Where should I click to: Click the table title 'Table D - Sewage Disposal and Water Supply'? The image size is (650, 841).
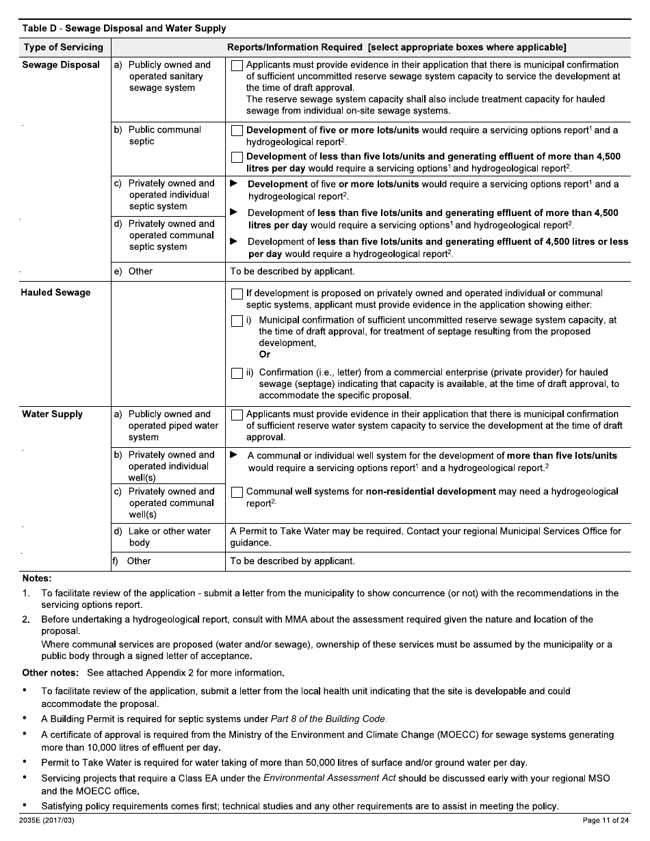pos(124,29)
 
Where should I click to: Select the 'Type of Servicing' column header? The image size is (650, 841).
pos(63,47)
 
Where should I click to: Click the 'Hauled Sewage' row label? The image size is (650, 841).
pos(56,293)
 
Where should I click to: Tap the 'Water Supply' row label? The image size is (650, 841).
pos(52,414)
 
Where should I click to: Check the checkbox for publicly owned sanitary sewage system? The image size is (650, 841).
pos(237,66)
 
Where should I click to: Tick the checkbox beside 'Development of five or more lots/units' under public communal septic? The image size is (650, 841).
pos(237,131)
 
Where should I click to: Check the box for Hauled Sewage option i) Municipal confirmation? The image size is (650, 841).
pos(237,321)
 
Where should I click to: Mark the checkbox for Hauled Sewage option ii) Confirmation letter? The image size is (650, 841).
pos(237,373)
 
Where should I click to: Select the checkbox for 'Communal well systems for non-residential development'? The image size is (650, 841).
pos(237,492)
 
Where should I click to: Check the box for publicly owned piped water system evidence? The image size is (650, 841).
pos(237,415)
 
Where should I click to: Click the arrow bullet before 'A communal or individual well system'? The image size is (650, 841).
pos(234,455)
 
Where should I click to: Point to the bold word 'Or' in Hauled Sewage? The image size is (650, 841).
pos(265,354)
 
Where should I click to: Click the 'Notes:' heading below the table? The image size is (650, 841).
pos(37,578)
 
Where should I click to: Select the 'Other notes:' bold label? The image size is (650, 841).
pos(50,673)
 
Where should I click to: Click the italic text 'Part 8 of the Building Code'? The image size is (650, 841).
pos(328,719)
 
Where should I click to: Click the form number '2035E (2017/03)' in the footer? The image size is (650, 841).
pos(47,820)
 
